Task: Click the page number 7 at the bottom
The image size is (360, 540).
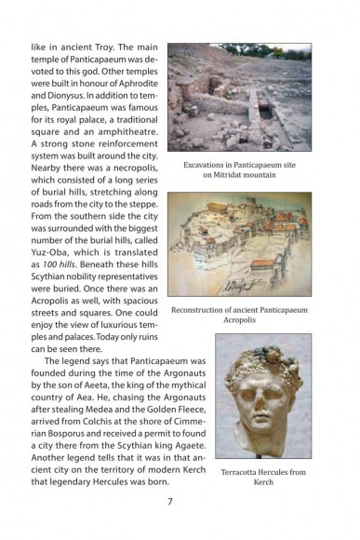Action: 170,503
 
